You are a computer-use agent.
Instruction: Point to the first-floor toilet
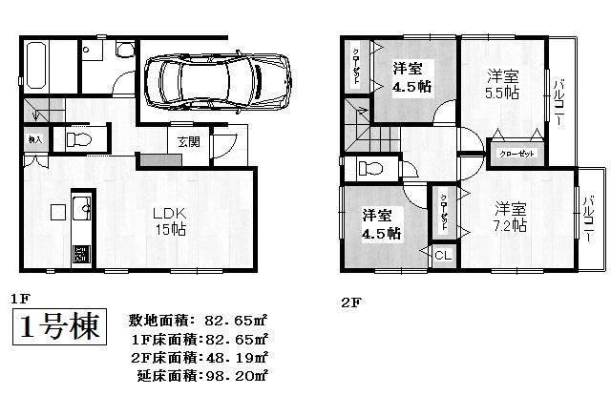pos(80,140)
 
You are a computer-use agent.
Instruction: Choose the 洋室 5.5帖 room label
pos(503,84)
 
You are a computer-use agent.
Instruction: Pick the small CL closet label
pos(443,255)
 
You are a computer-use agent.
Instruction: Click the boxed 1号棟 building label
pos(60,329)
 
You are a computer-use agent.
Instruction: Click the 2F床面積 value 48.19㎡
pos(233,356)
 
